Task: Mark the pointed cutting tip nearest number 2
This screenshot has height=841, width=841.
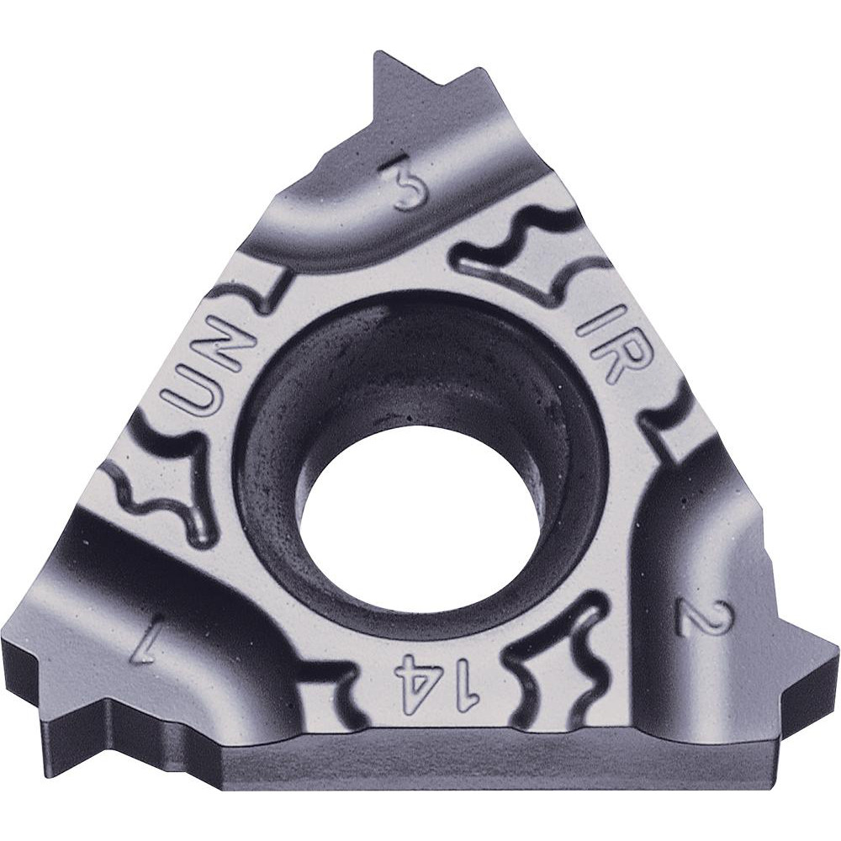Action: pyautogui.click(x=828, y=652)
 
